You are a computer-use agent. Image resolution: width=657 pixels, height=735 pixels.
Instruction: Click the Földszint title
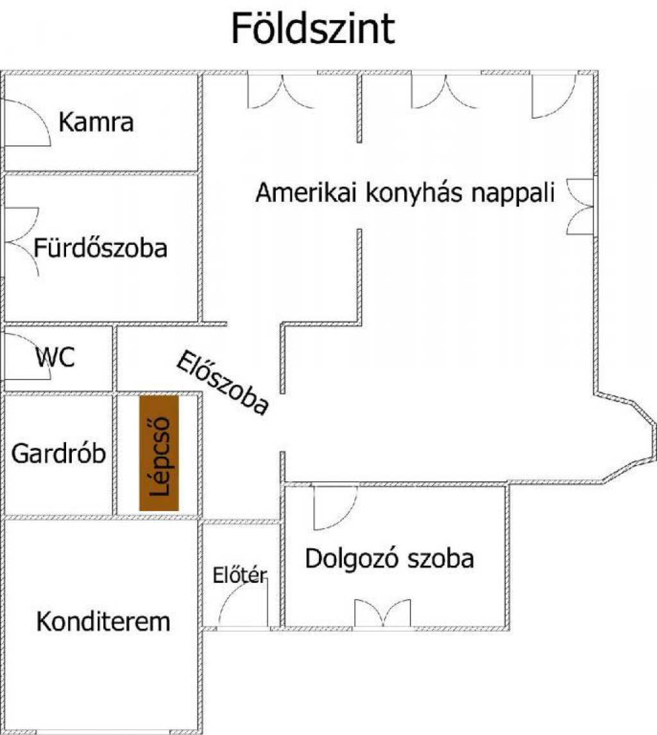pyautogui.click(x=313, y=29)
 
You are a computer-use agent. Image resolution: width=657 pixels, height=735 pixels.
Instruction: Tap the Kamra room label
pyautogui.click(x=96, y=122)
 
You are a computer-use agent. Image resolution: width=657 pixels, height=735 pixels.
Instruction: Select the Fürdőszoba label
pyautogui.click(x=100, y=248)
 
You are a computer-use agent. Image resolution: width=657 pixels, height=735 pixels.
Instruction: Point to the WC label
pyautogui.click(x=55, y=358)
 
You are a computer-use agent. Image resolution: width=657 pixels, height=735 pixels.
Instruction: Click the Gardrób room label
pyautogui.click(x=58, y=453)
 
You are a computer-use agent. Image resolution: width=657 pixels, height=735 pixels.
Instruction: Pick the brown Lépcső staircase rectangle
pyautogui.click(x=159, y=453)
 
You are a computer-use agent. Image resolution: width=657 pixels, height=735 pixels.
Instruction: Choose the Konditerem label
pyautogui.click(x=103, y=621)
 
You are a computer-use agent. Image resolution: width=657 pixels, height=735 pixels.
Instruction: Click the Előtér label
pyautogui.click(x=239, y=575)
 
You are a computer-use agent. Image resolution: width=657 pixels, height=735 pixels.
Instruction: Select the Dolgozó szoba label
pyautogui.click(x=389, y=559)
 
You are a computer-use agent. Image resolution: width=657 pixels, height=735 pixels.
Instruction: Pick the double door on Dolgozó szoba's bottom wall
pyautogui.click(x=382, y=612)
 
